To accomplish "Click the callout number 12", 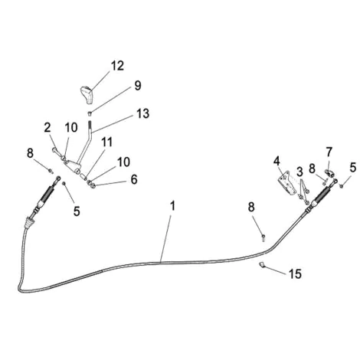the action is pos(117,66).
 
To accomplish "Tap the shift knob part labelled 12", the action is pos(87,95).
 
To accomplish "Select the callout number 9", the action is pos(138,86).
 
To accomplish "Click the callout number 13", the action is pos(142,113).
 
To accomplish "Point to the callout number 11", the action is pos(107,142).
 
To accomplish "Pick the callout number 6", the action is pos(134,179).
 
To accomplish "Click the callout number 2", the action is pos(47,127).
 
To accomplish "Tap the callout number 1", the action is pos(173,206).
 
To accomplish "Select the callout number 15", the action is pos(295,274).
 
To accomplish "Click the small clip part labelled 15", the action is pos(261,264).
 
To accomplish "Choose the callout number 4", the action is pos(277,161).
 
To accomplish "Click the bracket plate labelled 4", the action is pos(286,185).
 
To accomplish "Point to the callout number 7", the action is pos(329,152).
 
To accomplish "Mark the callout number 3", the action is pos(299,172).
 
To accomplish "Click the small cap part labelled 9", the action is pos(90,113).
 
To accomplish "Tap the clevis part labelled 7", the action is pos(329,173).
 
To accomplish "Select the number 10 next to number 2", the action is pos(71,127).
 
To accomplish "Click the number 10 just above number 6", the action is pos(123,162).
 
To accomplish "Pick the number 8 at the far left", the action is pos(30,153).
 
